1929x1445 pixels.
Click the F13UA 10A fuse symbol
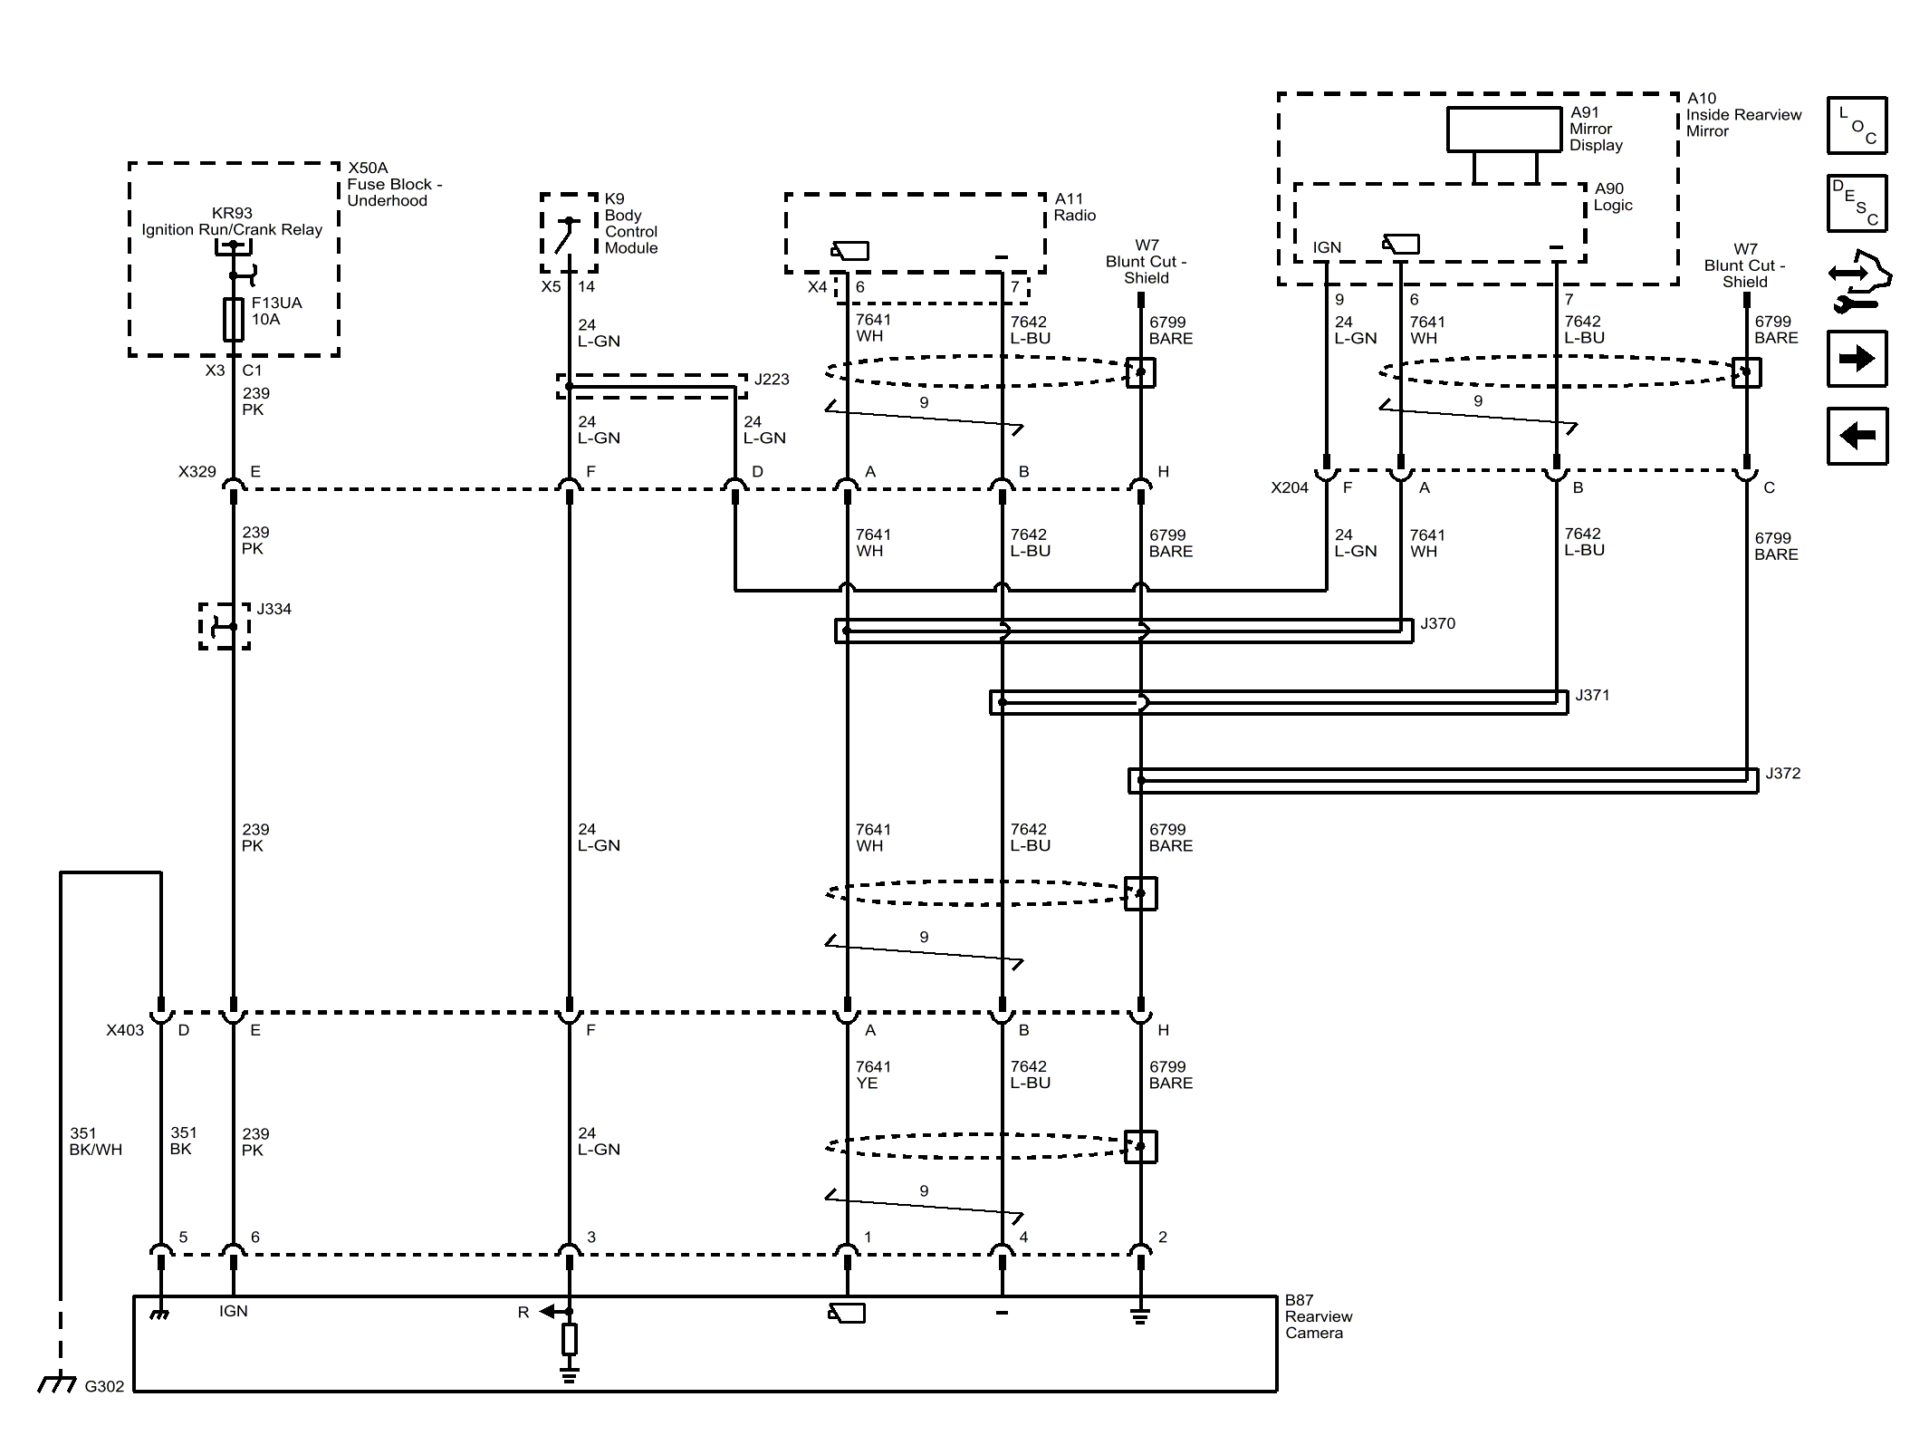(x=234, y=319)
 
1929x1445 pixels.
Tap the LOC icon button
(x=1857, y=125)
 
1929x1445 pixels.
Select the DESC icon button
(x=1857, y=203)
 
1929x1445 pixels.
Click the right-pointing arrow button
(x=1857, y=359)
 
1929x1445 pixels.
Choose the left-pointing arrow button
(x=1857, y=436)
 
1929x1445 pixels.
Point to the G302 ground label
(x=104, y=1386)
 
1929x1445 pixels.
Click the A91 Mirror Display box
(x=1504, y=130)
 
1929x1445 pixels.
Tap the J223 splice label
(x=772, y=380)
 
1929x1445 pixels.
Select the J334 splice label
(x=274, y=610)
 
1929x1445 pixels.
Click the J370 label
(x=1437, y=624)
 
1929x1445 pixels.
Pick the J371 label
(x=1592, y=696)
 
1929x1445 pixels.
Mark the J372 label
(x=1782, y=774)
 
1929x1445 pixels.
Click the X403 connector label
(x=125, y=1030)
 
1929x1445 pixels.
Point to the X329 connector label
(x=197, y=472)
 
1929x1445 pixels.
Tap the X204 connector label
(x=1290, y=488)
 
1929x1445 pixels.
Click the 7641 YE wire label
(x=873, y=1075)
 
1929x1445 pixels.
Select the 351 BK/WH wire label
(x=95, y=1142)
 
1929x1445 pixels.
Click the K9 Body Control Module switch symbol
(x=569, y=234)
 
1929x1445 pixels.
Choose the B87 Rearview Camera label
(x=1319, y=1317)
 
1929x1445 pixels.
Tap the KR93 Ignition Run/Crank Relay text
(x=232, y=222)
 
